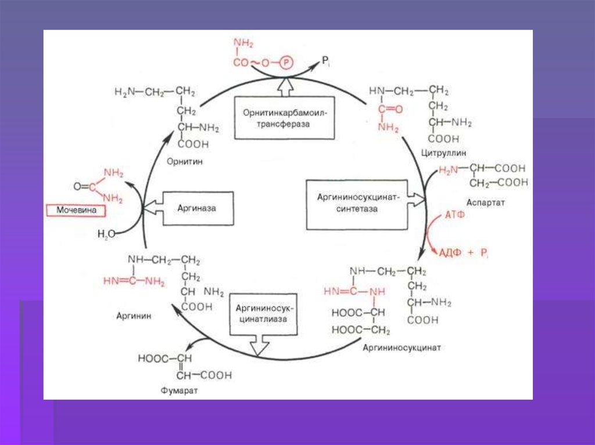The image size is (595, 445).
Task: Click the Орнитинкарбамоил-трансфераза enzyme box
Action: tap(285, 118)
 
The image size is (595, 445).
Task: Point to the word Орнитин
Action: tap(184, 163)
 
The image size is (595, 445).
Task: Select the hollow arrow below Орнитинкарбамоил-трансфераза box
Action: tap(285, 88)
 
